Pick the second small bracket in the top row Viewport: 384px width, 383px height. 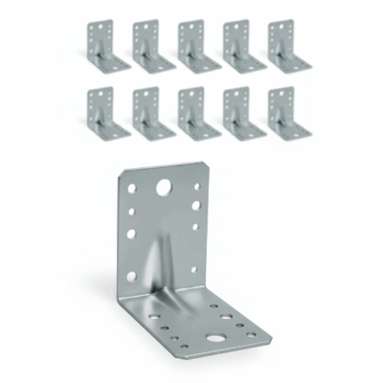pos(152,45)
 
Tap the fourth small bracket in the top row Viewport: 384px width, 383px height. pos(242,45)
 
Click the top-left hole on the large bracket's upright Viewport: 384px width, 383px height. pos(133,188)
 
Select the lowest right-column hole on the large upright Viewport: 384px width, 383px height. pos(195,269)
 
